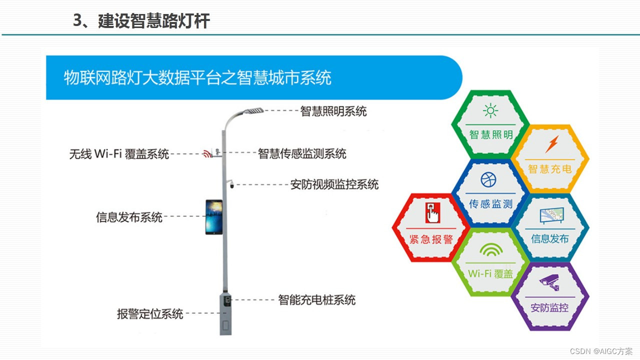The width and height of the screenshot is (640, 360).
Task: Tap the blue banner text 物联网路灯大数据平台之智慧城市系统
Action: tap(197, 78)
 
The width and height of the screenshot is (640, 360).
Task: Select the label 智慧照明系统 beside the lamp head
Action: tap(333, 111)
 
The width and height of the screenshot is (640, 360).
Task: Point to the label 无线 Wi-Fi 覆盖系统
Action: tap(119, 154)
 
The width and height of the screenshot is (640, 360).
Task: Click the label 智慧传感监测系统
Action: tap(302, 153)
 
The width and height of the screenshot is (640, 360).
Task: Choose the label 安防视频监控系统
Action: tap(334, 184)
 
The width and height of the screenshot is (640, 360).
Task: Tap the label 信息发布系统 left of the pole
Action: tap(129, 217)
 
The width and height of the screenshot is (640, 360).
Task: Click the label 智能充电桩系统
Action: tap(316, 300)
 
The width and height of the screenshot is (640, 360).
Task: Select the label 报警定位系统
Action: tap(150, 314)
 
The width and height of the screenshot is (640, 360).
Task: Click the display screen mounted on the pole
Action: tap(214, 217)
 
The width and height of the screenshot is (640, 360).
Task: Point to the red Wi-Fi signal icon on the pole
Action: tap(207, 153)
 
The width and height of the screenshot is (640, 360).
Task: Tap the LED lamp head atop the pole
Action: tap(253, 110)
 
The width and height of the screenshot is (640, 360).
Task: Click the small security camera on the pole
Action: tap(231, 184)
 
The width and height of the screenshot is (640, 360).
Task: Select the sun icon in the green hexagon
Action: tap(490, 110)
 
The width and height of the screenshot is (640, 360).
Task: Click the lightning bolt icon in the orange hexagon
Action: tap(551, 144)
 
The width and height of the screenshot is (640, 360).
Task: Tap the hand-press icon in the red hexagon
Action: tap(431, 213)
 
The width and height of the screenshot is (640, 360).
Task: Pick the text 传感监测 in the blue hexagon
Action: tap(490, 203)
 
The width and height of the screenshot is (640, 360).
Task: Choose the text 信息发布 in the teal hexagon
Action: tap(550, 238)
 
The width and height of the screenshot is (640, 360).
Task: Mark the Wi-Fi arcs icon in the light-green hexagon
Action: tap(490, 249)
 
